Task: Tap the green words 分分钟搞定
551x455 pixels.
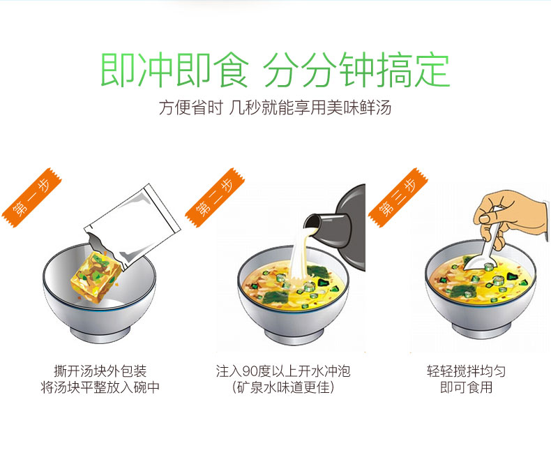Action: click(x=356, y=70)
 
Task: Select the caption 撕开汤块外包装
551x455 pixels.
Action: click(x=100, y=371)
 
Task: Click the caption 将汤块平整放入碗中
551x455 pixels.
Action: click(x=100, y=387)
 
